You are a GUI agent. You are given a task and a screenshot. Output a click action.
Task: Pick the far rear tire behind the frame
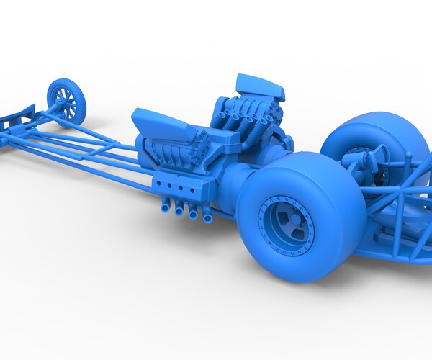(x=367, y=144)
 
